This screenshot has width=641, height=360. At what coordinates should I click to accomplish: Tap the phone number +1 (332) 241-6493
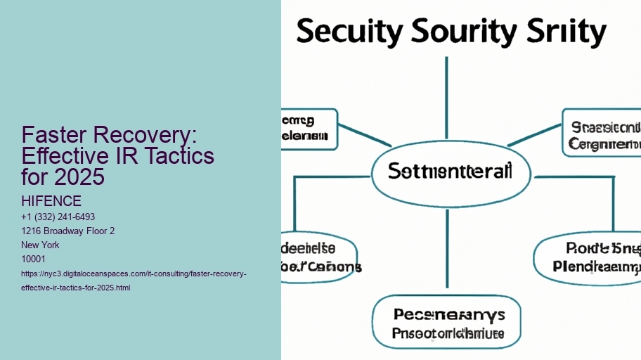[x=58, y=217]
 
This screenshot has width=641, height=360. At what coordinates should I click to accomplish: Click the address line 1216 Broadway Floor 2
[x=67, y=231]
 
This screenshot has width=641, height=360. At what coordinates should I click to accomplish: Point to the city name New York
[x=41, y=245]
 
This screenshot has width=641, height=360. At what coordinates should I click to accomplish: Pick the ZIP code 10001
[x=34, y=259]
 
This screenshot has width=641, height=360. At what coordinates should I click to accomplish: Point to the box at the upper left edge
[x=309, y=129]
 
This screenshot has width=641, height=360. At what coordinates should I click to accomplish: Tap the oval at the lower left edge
[x=318, y=257]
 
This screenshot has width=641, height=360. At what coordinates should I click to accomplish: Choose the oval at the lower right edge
[x=590, y=258]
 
